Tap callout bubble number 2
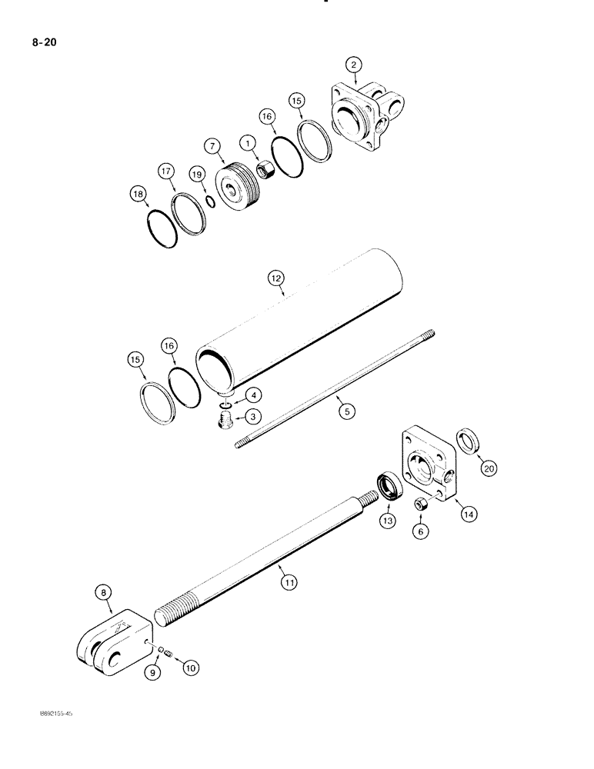coord(355,66)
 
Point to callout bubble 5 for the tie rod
coord(347,411)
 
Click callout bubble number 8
coord(105,592)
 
